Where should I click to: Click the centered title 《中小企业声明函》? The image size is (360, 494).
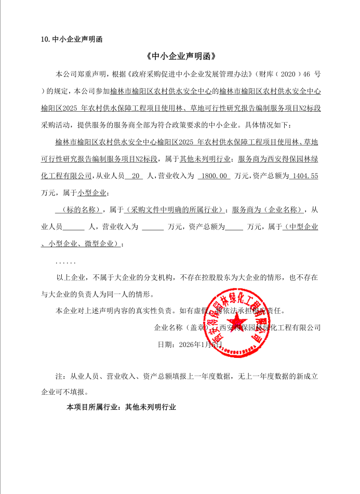(x=180, y=56)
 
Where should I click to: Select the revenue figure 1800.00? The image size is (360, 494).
(x=214, y=176)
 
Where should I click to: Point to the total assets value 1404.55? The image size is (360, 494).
(x=305, y=176)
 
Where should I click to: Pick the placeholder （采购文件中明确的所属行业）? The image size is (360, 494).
(x=175, y=210)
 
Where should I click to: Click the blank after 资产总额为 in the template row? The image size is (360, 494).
(x=234, y=227)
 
